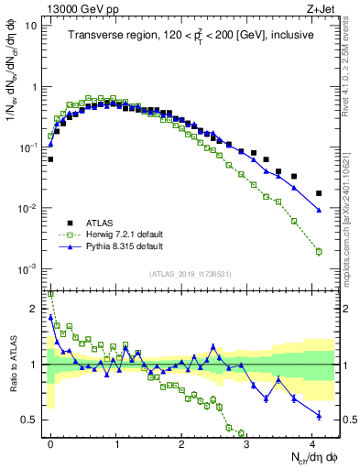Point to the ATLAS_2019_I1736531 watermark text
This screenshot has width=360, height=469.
click(190, 275)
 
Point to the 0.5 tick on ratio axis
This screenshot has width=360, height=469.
click(29, 420)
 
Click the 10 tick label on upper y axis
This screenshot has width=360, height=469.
click(31, 26)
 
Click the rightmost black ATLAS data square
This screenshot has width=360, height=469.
click(319, 193)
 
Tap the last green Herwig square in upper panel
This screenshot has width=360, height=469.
click(319, 251)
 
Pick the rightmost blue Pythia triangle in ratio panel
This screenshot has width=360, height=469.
click(319, 415)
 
